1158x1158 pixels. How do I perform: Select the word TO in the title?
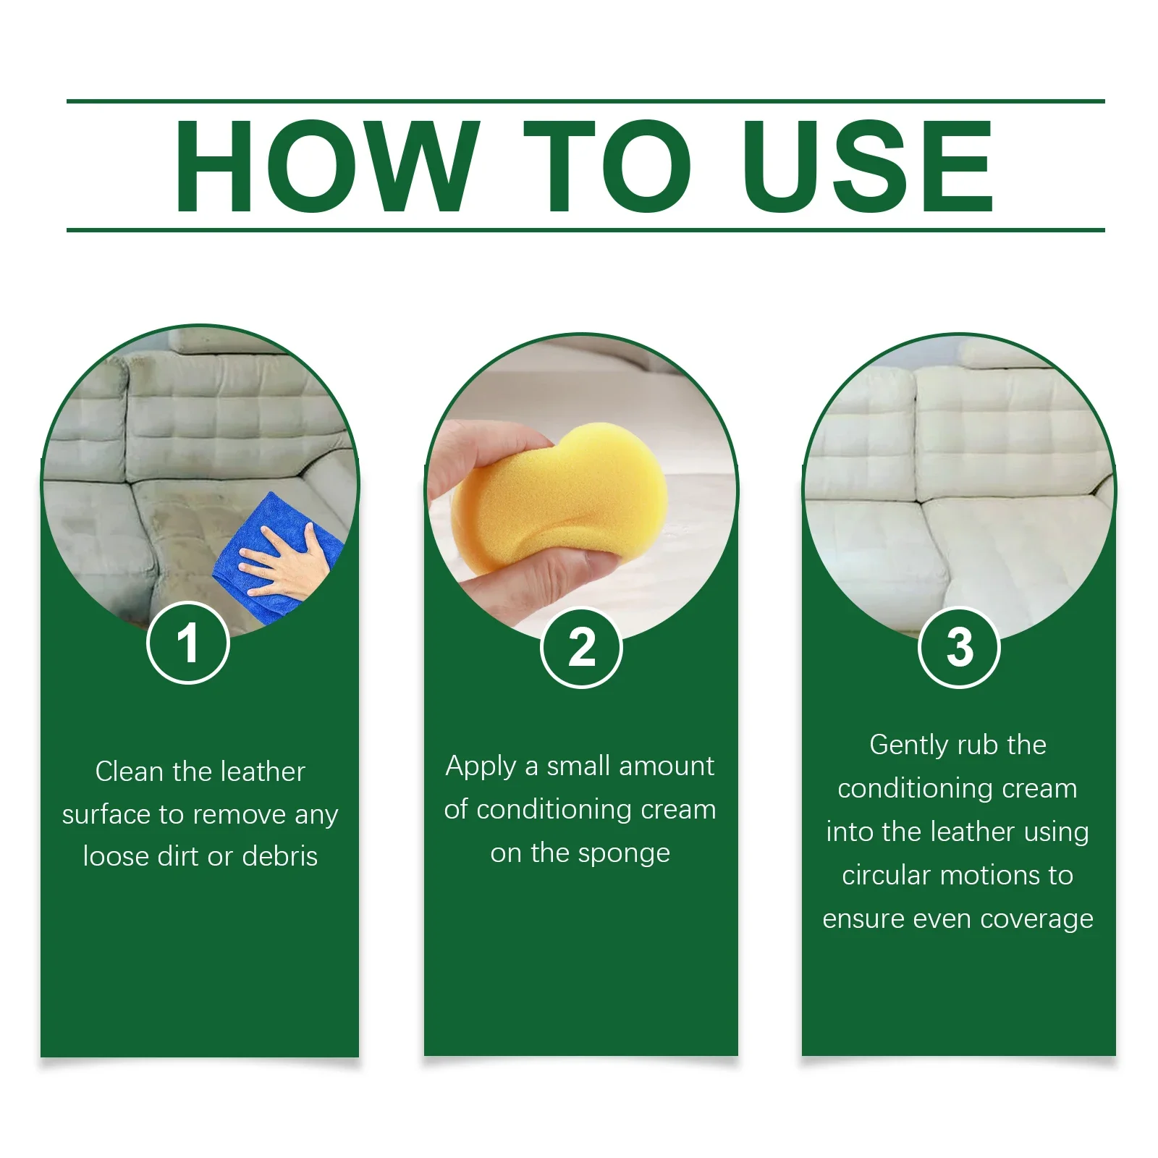[x=606, y=166]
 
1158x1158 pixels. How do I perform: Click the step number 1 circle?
[x=188, y=643]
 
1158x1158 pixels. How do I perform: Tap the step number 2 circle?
[x=581, y=647]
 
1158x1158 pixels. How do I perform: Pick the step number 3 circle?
[x=959, y=647]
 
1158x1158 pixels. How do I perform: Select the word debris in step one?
[x=280, y=856]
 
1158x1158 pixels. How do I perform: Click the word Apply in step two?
[x=481, y=767]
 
